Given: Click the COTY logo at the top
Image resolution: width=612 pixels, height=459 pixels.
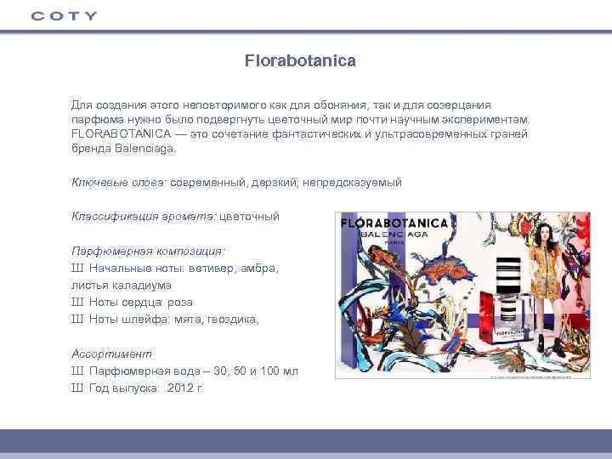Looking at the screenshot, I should pyautogui.click(x=64, y=15).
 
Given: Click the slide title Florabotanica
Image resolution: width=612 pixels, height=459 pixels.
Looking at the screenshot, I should pyautogui.click(x=300, y=61).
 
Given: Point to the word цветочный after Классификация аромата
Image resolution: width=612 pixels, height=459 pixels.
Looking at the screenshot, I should pyautogui.click(x=250, y=216).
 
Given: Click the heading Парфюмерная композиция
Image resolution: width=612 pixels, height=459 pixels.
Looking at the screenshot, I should pyautogui.click(x=148, y=251).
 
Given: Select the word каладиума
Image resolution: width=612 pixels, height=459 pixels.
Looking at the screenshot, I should pyautogui.click(x=142, y=285).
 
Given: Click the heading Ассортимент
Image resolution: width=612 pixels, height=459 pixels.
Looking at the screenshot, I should pyautogui.click(x=111, y=354).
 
